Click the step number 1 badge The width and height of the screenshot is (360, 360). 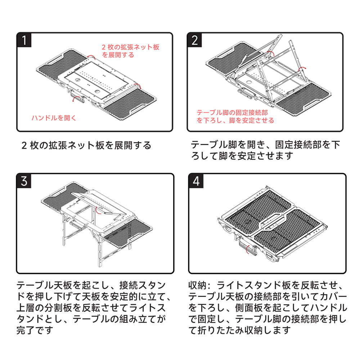[x=24, y=40]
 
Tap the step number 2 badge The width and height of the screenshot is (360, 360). [x=194, y=40]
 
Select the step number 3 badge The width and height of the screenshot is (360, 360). [x=24, y=181]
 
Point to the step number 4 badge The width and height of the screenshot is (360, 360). [x=196, y=181]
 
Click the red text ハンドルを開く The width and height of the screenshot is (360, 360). [x=54, y=118]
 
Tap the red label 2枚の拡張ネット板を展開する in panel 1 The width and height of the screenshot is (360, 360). [x=130, y=51]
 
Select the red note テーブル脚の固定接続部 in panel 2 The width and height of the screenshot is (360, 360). [x=232, y=112]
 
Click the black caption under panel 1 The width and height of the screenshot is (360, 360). [x=86, y=145]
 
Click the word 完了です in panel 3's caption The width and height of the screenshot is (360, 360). [x=35, y=330]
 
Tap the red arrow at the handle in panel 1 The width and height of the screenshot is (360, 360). [x=75, y=99]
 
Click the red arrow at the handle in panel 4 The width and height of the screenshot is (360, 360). [x=248, y=249]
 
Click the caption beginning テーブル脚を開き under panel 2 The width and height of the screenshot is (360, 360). [x=265, y=150]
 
